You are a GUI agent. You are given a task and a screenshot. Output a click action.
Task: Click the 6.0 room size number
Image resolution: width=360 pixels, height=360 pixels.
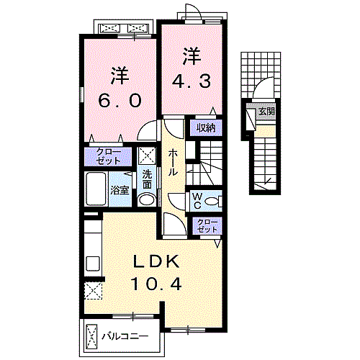tap(120, 101)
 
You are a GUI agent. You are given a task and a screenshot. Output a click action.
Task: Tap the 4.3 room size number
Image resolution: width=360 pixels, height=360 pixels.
tap(190, 81)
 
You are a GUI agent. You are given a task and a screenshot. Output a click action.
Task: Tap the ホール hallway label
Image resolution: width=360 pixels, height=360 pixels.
tap(175, 163)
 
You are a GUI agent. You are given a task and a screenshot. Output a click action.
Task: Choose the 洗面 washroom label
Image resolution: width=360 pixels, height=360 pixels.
tap(146, 178)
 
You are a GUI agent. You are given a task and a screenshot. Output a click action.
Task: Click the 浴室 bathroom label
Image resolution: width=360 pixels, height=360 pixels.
tap(120, 190)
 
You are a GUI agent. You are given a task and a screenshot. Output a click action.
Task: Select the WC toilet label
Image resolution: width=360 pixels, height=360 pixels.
tap(197, 199)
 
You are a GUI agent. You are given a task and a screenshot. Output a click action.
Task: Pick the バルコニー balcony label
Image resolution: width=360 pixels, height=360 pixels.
tap(124, 336)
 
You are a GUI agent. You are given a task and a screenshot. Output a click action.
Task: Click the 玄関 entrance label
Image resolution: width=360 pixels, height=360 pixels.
tap(266, 112)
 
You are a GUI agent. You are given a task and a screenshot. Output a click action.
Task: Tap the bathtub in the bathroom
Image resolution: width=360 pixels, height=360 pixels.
tap(96, 189)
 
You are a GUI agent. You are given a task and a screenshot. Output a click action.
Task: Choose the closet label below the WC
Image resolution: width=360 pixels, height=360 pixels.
tap(207, 225)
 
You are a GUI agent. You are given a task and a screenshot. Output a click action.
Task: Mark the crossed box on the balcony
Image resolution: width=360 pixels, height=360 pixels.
tap(92, 336)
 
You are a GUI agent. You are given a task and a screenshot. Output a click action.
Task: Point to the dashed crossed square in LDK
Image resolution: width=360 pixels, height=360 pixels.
tap(93, 291)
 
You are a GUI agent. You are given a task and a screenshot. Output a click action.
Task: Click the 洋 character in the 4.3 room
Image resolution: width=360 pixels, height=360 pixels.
tap(190, 55)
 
